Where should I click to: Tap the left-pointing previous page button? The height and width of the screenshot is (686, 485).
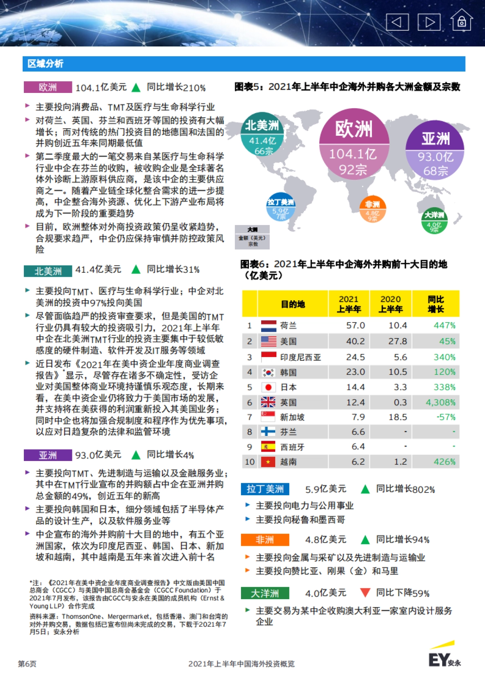pos(397,22)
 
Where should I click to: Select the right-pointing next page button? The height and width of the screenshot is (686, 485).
pos(429,22)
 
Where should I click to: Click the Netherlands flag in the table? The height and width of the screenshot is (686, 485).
pos(268,326)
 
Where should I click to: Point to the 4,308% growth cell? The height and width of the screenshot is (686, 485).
pos(440,402)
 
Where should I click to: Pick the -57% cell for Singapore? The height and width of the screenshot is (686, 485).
pos(446,417)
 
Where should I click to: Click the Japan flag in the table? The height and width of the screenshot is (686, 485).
pos(268,387)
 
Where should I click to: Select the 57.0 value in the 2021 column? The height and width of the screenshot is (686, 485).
pos(355,326)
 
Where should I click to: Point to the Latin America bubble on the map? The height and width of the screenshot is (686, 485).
pos(280,207)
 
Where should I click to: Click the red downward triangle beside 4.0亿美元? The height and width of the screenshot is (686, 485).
pos(365,593)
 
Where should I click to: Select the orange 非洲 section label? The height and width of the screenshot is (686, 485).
pos(265,540)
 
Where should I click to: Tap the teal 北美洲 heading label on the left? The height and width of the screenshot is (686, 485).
pos(48,271)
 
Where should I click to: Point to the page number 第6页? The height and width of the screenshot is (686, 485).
pos(27,664)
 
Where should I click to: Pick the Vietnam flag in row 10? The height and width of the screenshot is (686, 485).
pos(268,462)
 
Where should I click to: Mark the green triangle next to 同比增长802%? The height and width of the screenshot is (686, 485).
pos(365,489)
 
